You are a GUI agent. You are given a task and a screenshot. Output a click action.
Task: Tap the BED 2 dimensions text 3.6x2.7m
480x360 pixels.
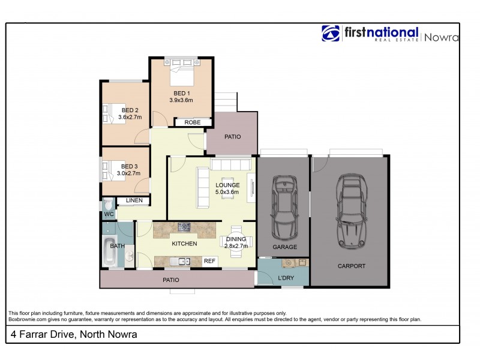[130, 117]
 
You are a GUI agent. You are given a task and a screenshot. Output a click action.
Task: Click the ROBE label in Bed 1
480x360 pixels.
[192, 122]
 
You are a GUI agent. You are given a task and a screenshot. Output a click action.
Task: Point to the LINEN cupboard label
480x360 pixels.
[134, 201]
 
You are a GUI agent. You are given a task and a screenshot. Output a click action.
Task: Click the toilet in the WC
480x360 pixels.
[107, 204]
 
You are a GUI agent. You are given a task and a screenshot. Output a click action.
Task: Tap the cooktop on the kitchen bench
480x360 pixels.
[184, 227]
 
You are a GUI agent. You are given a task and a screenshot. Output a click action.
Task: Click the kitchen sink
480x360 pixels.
[182, 261]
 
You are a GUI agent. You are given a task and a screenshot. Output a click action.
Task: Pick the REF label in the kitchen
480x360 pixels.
[209, 261]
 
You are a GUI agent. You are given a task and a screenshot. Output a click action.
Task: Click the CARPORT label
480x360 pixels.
[351, 266]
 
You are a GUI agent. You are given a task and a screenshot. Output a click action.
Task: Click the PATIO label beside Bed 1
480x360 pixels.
[232, 137]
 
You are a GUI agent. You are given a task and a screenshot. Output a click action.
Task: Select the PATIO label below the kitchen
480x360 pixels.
[170, 280]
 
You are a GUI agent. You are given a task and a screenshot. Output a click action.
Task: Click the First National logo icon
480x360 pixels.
[331, 34]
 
